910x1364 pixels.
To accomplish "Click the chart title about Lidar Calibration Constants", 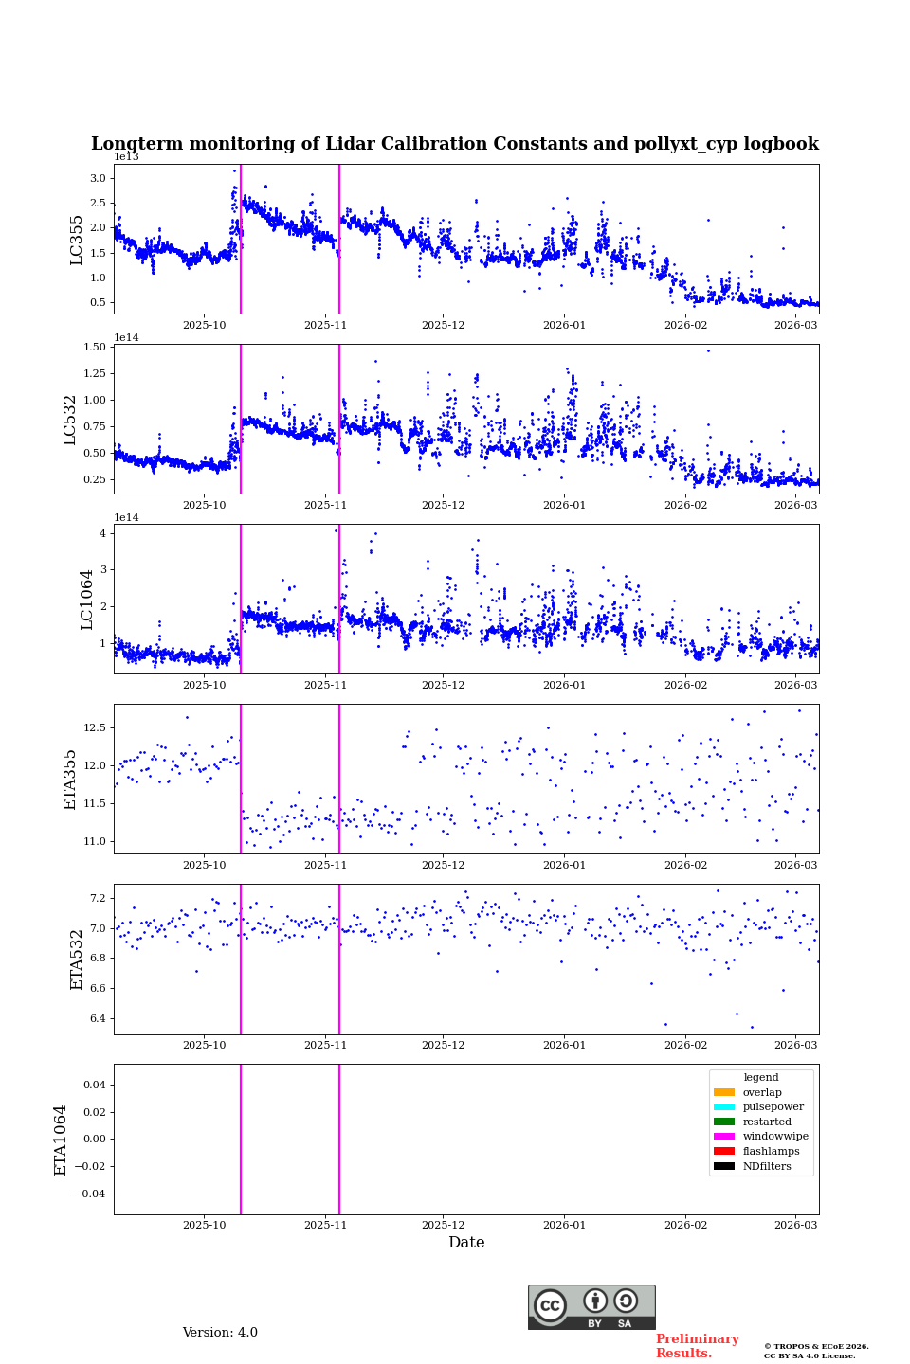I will [454, 144].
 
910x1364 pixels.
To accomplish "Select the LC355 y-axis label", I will [77, 240].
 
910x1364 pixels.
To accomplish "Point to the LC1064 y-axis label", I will [87, 599].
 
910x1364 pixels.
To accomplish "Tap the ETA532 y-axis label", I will [77, 959].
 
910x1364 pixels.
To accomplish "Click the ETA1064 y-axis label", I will [61, 1140].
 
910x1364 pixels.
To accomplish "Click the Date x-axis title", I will [466, 1243].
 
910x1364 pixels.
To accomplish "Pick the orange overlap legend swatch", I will [724, 1092].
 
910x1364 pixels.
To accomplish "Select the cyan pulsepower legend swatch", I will [724, 1107].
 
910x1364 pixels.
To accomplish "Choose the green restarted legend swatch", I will [724, 1122].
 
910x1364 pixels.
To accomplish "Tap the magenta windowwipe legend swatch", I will [724, 1137].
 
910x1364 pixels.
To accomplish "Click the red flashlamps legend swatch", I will [724, 1152].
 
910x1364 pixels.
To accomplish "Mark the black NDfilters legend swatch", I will [724, 1166].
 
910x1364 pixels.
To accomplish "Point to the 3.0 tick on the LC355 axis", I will [98, 178].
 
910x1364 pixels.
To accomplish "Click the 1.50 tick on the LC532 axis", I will [95, 348].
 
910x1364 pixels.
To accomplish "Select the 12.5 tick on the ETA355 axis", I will [94, 727].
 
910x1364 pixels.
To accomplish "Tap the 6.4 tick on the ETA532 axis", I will [98, 1018].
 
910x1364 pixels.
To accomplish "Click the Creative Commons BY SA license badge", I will [591, 1307].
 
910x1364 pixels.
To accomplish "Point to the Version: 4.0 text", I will [220, 1333].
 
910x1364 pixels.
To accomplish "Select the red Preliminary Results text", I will [697, 1346].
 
